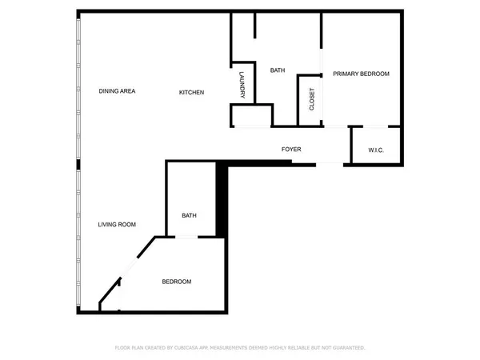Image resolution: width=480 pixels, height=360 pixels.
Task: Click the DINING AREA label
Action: pyautogui.click(x=117, y=91)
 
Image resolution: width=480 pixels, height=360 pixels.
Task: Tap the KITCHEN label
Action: pyautogui.click(x=191, y=93)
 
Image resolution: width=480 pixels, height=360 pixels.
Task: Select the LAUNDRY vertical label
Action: pyautogui.click(x=242, y=86)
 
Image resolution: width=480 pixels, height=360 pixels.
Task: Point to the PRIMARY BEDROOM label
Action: pyautogui.click(x=361, y=74)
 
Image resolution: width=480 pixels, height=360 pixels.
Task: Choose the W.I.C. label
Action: pyautogui.click(x=378, y=150)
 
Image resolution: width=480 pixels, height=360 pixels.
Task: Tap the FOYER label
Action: pyautogui.click(x=290, y=150)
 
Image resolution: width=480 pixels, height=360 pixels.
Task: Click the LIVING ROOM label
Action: pyautogui.click(x=117, y=225)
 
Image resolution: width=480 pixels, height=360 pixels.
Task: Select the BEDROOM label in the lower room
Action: pyautogui.click(x=177, y=282)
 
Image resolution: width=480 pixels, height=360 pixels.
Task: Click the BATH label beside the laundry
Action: pyautogui.click(x=278, y=70)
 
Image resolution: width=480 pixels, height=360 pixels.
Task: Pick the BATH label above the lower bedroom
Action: pyautogui.click(x=189, y=215)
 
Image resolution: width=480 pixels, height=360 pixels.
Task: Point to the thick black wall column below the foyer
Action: pyautogui.click(x=222, y=200)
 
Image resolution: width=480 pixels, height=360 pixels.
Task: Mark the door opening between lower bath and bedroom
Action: pyautogui.click(x=186, y=237)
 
